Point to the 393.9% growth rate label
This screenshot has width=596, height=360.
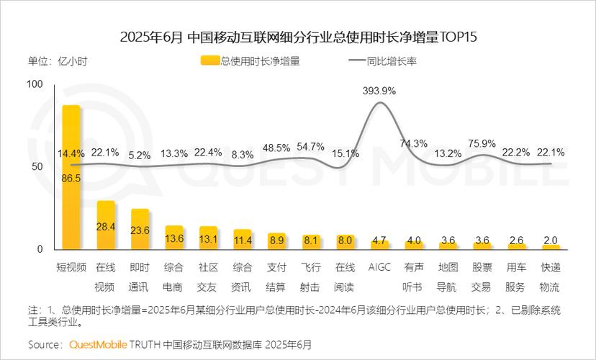[x=379, y=91]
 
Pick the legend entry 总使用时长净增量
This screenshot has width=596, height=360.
[x=252, y=61]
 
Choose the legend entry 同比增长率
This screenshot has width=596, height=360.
[x=382, y=61]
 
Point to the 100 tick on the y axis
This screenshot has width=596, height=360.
[x=35, y=84]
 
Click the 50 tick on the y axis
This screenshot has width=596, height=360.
[x=37, y=166]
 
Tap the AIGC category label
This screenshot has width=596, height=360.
[x=379, y=267]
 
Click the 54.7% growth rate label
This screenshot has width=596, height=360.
[x=311, y=147]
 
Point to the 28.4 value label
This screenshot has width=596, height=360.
[x=106, y=228]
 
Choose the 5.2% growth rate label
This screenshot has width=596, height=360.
[x=140, y=155]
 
